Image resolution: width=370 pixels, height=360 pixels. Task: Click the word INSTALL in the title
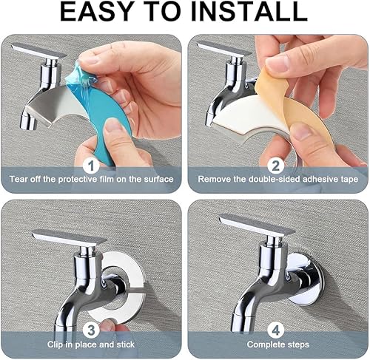pyautogui.click(x=249, y=11)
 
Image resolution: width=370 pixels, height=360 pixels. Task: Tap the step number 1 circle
pyautogui.click(x=91, y=166)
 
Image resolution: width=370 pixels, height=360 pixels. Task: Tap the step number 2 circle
pyautogui.click(x=275, y=166)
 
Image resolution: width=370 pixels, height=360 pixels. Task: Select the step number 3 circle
pyautogui.click(x=91, y=330)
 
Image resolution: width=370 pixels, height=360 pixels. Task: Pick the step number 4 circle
pyautogui.click(x=275, y=330)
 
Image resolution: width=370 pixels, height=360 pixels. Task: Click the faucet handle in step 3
pyautogui.click(x=69, y=237)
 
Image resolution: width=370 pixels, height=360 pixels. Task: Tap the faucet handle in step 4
pyautogui.click(x=257, y=224)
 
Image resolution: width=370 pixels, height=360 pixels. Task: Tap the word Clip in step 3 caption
pyautogui.click(x=55, y=344)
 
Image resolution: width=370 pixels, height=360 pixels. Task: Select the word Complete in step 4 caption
pyautogui.click(x=263, y=344)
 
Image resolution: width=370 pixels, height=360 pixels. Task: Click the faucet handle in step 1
pyautogui.click(x=38, y=50)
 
